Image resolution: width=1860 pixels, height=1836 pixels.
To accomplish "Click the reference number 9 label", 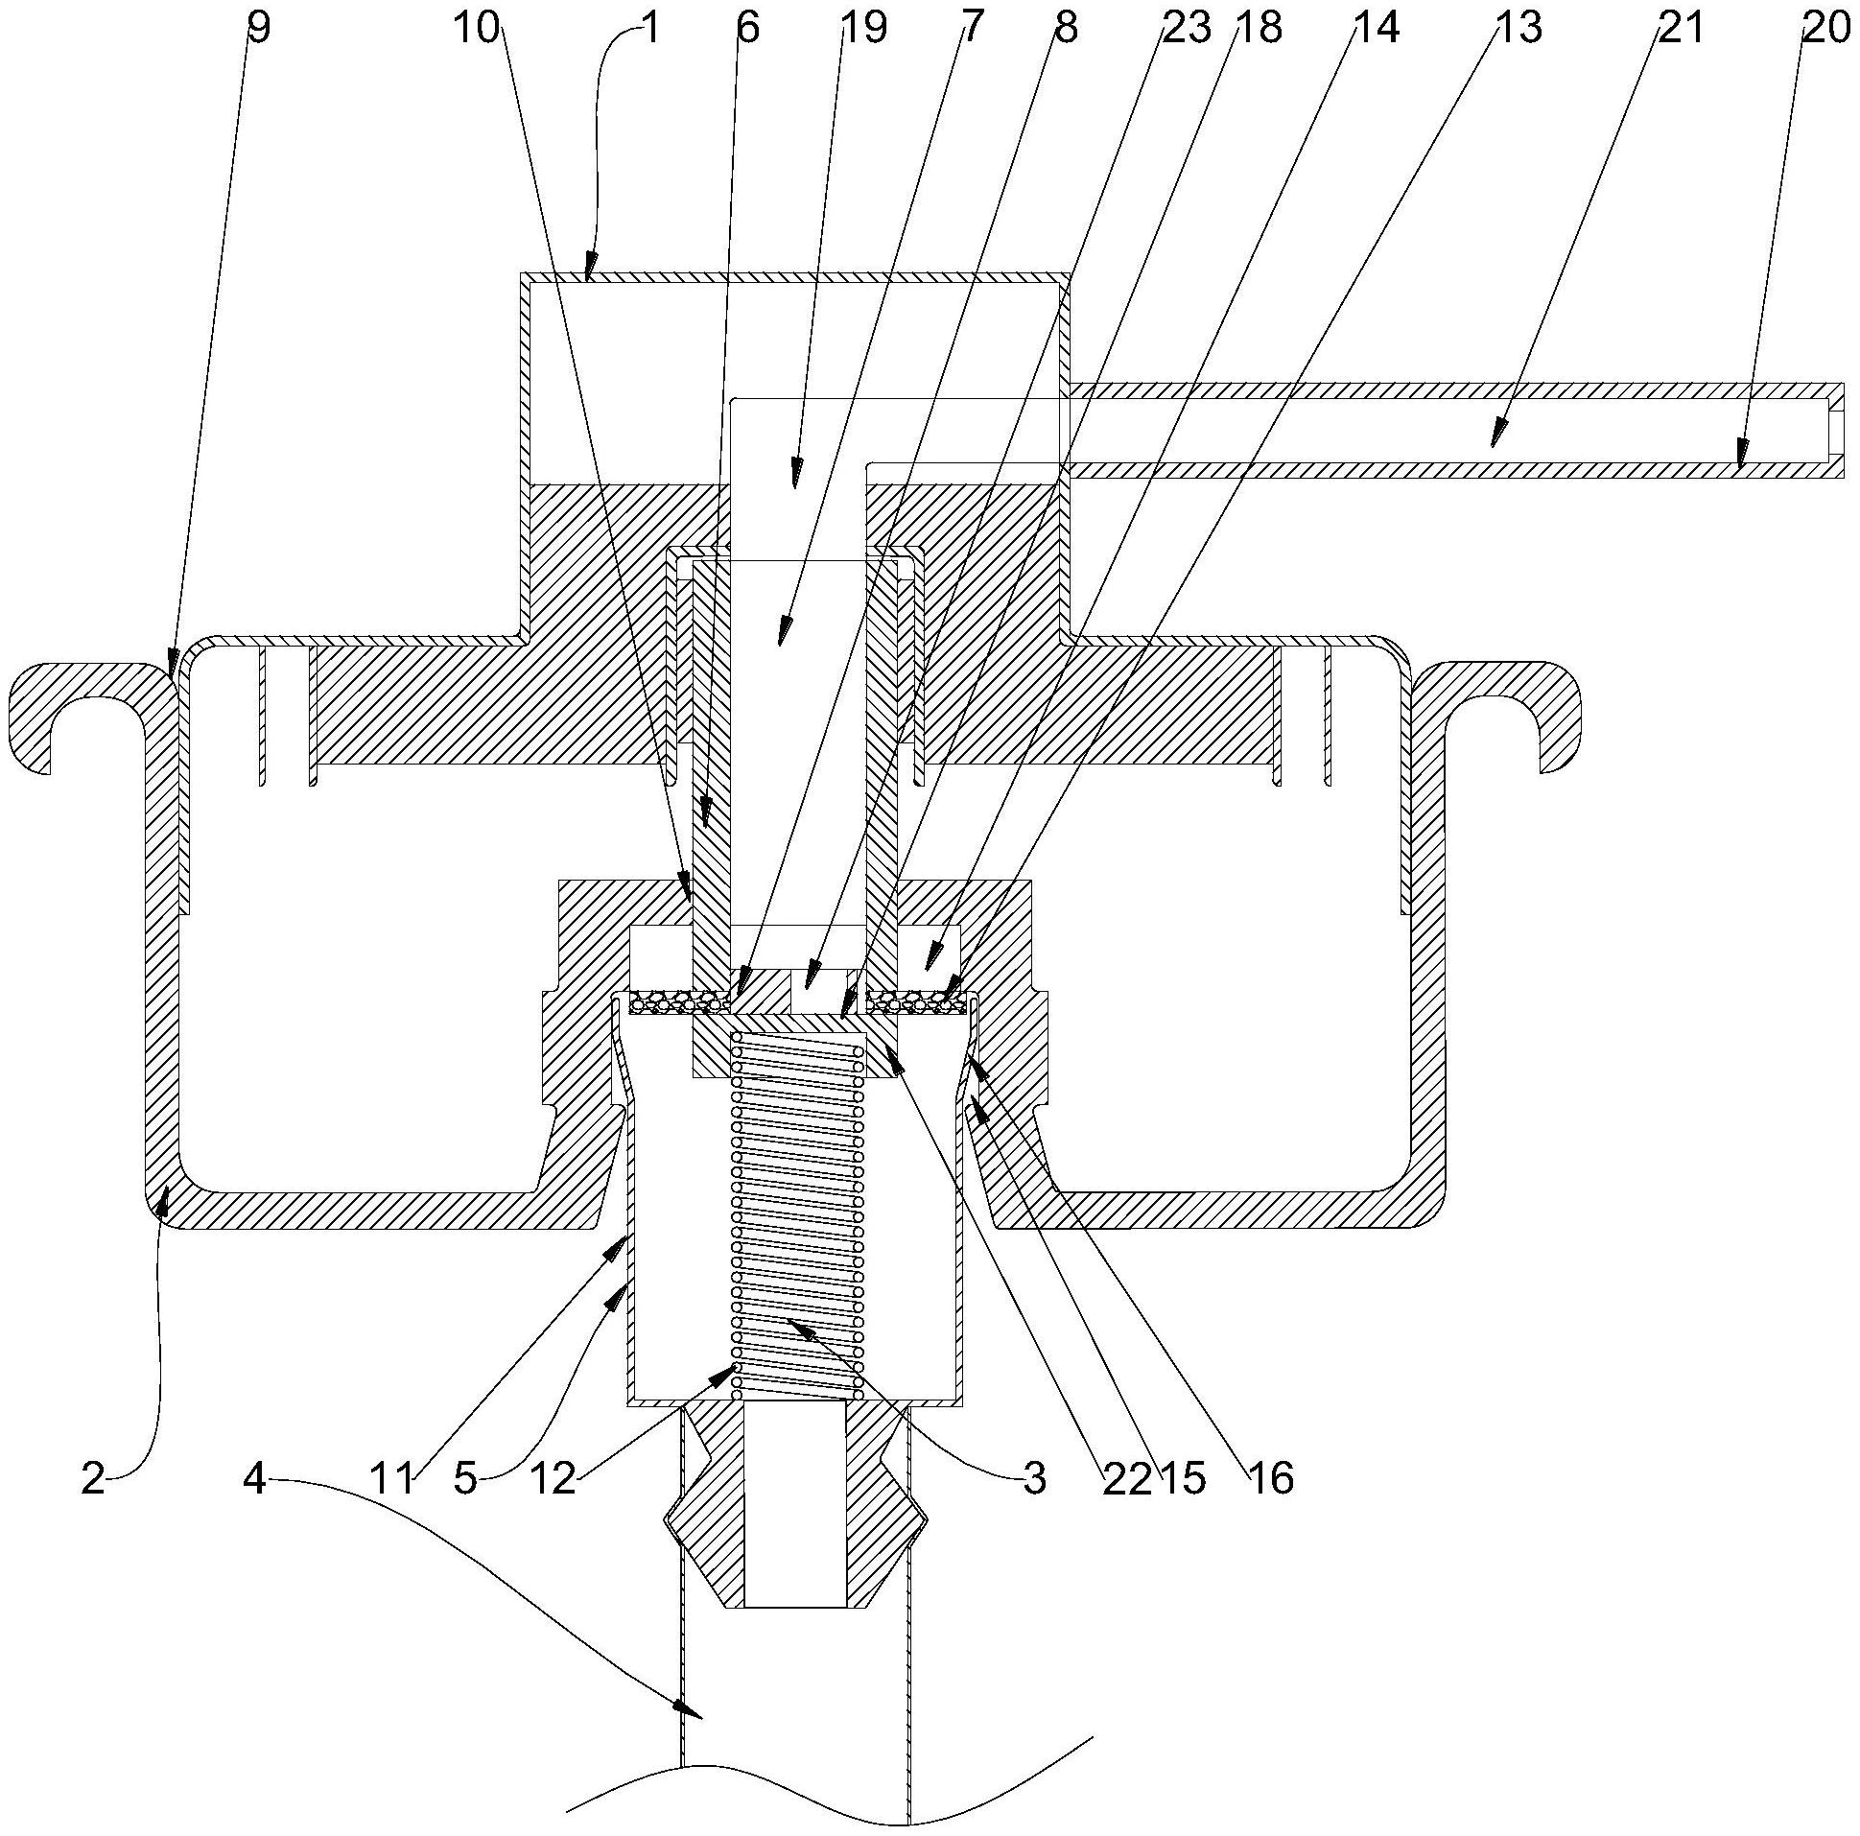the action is click(259, 28).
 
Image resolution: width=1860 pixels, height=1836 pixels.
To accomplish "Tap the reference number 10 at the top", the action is click(476, 28).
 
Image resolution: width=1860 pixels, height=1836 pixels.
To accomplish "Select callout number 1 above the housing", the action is click(650, 28).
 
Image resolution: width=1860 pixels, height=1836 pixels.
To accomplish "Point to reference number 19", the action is click(862, 28).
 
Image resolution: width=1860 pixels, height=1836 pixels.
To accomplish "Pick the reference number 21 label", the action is click(1680, 28).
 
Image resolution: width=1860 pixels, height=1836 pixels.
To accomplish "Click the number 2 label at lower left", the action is click(93, 1479).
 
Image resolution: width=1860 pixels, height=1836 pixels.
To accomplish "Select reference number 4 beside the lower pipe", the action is click(254, 1479).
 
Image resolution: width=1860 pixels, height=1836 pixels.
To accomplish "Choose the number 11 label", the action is click(393, 1479).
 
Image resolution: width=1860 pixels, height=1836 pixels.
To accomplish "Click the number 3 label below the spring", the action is click(1034, 1479).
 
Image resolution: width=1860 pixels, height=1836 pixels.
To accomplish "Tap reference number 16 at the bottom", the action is click(1270, 1479).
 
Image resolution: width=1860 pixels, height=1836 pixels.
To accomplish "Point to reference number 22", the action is click(1127, 1479).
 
